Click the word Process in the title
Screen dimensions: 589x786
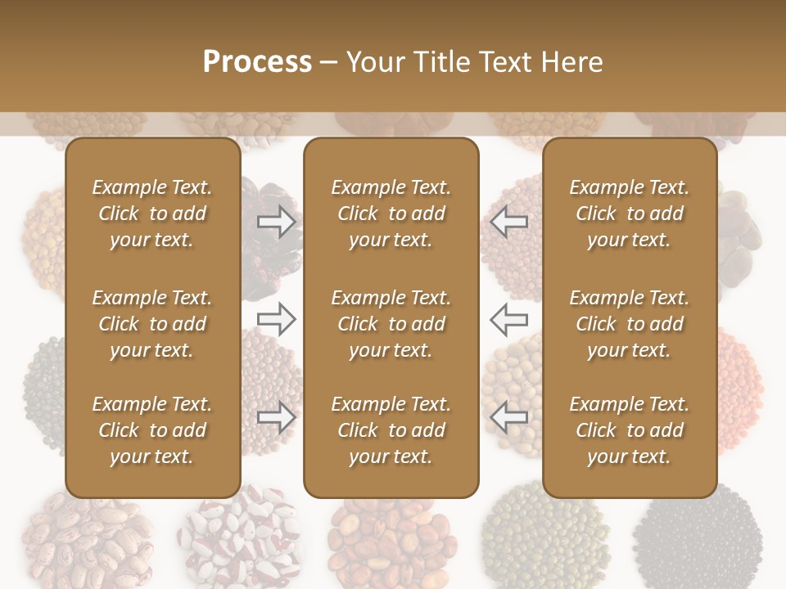pyautogui.click(x=257, y=62)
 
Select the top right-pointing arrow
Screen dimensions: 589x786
pyautogui.click(x=276, y=221)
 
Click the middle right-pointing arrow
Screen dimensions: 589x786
pyautogui.click(x=276, y=319)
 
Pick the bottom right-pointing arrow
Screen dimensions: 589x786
pyautogui.click(x=276, y=417)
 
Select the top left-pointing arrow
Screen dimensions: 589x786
pyautogui.click(x=509, y=221)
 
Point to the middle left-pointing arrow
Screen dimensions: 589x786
pyautogui.click(x=509, y=319)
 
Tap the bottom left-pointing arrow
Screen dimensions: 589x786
pyautogui.click(x=509, y=417)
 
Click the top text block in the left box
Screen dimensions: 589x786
pyautogui.click(x=152, y=214)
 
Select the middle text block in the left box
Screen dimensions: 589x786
pyautogui.click(x=152, y=324)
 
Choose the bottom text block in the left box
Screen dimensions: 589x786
pyautogui.click(x=152, y=430)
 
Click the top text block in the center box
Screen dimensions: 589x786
pyautogui.click(x=391, y=214)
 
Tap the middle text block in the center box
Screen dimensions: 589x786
pyautogui.click(x=391, y=324)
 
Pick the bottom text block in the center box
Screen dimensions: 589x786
pyautogui.click(x=391, y=430)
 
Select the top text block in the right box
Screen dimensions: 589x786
pyautogui.click(x=630, y=214)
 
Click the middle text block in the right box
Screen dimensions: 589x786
pyautogui.click(x=630, y=324)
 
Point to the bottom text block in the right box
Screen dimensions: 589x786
pyautogui.click(x=630, y=430)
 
